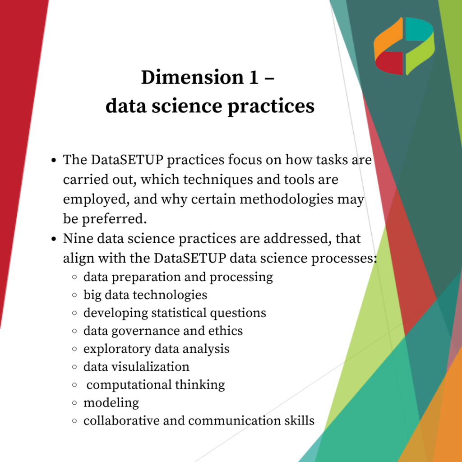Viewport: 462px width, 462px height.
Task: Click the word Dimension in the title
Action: coord(193,77)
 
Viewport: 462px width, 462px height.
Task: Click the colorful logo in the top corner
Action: coord(404,46)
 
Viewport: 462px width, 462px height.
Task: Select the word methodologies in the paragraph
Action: coord(286,199)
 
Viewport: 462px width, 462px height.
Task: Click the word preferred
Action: coord(114,219)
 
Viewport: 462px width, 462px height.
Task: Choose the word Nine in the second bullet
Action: coord(78,238)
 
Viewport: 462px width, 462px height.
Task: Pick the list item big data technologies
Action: coord(145,295)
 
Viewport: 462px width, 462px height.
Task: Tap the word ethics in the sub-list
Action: coord(226,331)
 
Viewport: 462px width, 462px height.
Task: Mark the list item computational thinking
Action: coord(156,385)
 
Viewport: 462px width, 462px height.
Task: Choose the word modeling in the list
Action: coord(111,403)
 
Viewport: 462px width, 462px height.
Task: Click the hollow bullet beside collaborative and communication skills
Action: coord(74,421)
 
